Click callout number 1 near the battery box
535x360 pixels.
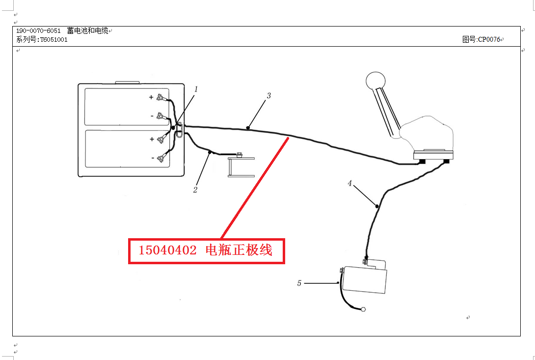(196, 89)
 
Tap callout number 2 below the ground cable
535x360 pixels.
(195, 190)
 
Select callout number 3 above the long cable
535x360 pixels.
(269, 96)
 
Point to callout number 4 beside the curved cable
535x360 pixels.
(349, 183)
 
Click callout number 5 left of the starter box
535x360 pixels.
(299, 283)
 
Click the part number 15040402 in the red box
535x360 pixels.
(167, 250)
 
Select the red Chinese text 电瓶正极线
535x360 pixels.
(239, 250)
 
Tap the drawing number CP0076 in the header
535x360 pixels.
(489, 40)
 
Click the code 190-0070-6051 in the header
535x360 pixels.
(38, 31)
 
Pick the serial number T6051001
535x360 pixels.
(54, 40)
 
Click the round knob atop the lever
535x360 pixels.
(375, 82)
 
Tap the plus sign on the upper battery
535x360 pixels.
(151, 97)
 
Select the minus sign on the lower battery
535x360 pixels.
(153, 158)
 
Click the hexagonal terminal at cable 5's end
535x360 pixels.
(363, 309)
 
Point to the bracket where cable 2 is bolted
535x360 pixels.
(241, 167)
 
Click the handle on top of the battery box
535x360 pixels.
(127, 83)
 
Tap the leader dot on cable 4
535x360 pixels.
(376, 206)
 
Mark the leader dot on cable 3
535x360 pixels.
(248, 128)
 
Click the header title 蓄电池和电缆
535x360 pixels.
(88, 31)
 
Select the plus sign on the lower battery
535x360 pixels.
(152, 139)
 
